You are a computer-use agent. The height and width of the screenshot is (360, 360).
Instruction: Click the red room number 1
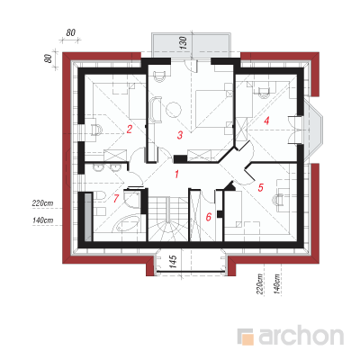177,174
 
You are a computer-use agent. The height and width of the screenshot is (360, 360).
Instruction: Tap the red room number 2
130,130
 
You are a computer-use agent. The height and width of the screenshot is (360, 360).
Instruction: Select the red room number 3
180,135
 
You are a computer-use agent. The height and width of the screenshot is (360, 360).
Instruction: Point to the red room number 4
266,121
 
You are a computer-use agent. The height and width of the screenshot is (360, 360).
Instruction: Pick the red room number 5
260,188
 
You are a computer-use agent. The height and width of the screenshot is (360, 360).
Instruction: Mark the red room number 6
209,217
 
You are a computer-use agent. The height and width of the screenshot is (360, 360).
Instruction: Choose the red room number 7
116,198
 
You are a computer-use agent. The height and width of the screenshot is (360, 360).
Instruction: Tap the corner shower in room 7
132,201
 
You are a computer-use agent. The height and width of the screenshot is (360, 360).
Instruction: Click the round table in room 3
174,110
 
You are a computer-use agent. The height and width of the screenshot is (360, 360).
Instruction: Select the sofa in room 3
156,109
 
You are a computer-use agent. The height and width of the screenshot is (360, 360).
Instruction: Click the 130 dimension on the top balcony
184,43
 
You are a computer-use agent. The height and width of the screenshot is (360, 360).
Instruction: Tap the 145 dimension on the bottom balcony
173,262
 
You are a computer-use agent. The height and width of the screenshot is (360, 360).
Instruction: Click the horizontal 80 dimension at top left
71,32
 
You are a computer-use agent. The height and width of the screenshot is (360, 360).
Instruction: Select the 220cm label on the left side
42,203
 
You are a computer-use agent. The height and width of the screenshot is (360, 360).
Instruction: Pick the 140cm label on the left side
42,220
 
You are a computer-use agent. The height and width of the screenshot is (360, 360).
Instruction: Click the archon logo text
301,337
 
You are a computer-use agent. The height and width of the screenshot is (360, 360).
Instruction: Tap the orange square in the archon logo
247,339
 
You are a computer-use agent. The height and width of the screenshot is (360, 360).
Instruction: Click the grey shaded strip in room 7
88,217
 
